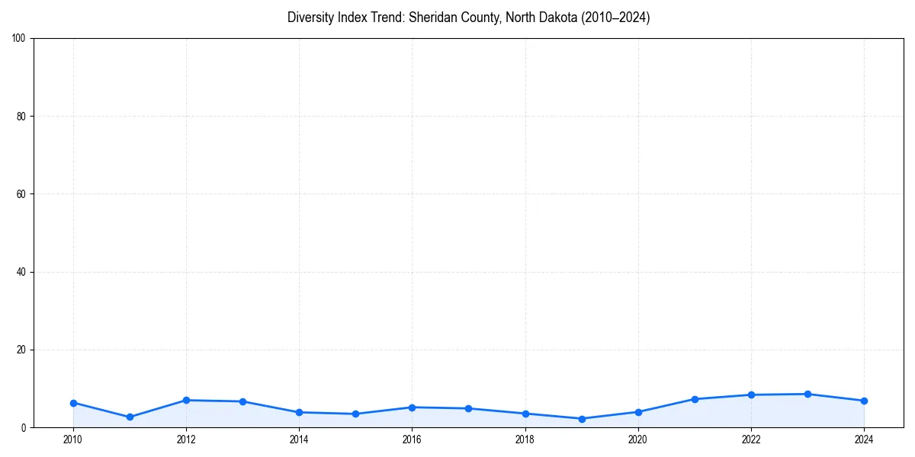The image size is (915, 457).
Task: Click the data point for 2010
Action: point(73,403)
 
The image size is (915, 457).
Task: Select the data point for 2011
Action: point(130,417)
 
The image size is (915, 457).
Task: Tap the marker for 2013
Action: point(242,401)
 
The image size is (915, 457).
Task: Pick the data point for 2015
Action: point(355,414)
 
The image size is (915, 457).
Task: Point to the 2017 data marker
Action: point(468,408)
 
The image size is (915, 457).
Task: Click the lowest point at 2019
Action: point(582,419)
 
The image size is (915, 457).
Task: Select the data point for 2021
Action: point(695,399)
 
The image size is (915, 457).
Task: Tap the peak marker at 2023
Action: point(807,394)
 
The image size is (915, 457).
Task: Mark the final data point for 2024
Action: point(864,401)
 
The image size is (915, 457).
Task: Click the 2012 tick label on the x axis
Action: point(186,439)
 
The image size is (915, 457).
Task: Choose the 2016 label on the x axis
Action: point(412,439)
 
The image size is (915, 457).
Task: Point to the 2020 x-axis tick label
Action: point(638,439)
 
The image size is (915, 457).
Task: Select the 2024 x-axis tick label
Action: point(864,439)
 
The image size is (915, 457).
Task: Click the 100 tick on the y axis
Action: point(19,38)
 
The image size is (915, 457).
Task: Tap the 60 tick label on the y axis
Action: point(21,194)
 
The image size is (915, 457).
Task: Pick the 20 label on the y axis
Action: point(21,350)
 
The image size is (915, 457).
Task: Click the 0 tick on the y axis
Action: point(24,428)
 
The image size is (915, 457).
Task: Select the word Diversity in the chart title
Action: point(310,18)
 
